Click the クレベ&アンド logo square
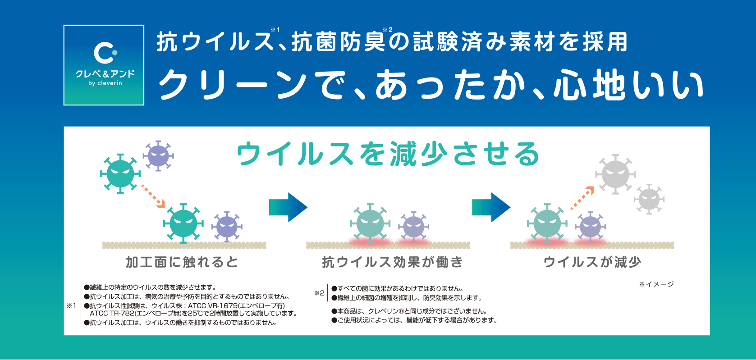pyautogui.click(x=104, y=65)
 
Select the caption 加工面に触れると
pyautogui.click(x=182, y=262)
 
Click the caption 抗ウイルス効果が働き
pyautogui.click(x=392, y=262)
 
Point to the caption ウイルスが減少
pyautogui.click(x=592, y=262)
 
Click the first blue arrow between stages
pyautogui.click(x=288, y=207)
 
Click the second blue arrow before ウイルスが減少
pyautogui.click(x=491, y=207)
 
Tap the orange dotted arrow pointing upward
pyautogui.click(x=582, y=198)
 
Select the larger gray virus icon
pyautogui.click(x=615, y=174)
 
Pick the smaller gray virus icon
pyautogui.click(x=649, y=199)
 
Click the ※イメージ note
pyautogui.click(x=656, y=284)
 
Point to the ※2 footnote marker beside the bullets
pyautogui.click(x=319, y=293)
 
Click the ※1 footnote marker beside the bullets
pyautogui.click(x=72, y=306)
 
